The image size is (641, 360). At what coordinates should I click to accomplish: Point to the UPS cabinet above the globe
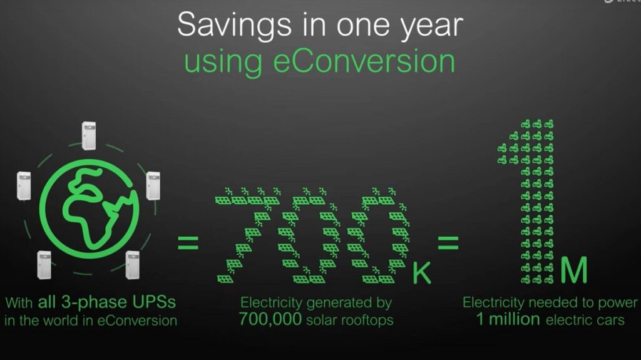(89, 136)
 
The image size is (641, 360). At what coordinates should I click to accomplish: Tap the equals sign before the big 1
(447, 243)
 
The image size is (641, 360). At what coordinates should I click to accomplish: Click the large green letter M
(573, 270)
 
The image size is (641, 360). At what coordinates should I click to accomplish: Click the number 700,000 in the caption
(270, 319)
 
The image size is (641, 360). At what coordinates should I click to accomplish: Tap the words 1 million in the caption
(508, 319)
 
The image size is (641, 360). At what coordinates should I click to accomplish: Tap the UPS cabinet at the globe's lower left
(44, 265)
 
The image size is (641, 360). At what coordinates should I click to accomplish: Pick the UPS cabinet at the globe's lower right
(133, 265)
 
